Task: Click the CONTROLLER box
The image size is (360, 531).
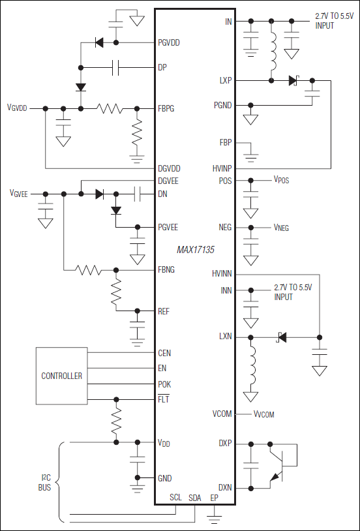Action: pos(62,376)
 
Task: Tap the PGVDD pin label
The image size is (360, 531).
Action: pos(169,43)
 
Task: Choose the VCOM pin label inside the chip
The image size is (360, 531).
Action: pos(222,414)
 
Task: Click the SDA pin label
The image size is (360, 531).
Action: pos(194,498)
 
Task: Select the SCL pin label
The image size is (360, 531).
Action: pos(175,498)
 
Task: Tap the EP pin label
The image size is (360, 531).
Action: pos(214,498)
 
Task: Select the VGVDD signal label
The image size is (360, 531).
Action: pos(17,108)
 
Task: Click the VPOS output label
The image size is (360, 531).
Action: pos(281,180)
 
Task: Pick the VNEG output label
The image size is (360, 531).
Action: pos(281,228)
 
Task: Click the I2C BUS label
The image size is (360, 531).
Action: pos(44,482)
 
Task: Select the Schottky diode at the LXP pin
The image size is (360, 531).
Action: pos(293,81)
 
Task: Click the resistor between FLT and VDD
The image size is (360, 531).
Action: pos(117,420)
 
